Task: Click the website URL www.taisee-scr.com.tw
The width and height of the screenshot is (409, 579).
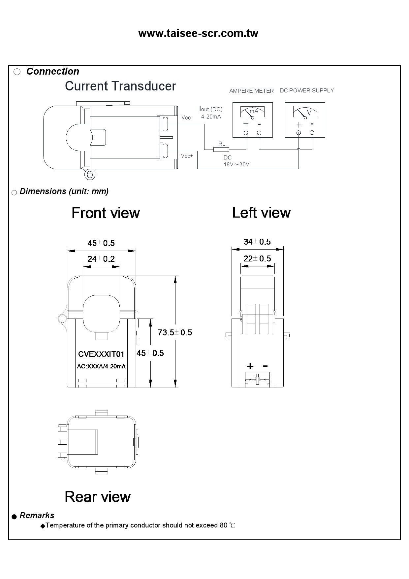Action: [x=198, y=33]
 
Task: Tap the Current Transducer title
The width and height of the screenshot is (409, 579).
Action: [x=120, y=86]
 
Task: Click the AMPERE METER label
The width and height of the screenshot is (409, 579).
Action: [x=251, y=91]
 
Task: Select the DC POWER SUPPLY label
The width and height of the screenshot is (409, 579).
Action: [x=307, y=90]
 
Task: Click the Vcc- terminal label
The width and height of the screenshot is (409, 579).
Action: [x=187, y=118]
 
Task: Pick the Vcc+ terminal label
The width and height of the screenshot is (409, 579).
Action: [x=187, y=156]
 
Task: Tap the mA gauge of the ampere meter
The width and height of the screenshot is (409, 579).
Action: [x=252, y=112]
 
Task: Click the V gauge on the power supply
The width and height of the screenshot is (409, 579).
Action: [x=305, y=112]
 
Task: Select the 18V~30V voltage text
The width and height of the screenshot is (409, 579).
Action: [x=236, y=164]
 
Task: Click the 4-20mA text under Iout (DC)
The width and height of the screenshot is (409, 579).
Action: [x=211, y=117]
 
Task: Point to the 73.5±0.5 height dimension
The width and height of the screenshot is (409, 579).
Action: [x=175, y=332]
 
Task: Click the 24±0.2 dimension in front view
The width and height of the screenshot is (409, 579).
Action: [x=101, y=259]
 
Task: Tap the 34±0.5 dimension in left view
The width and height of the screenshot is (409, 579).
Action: [x=257, y=242]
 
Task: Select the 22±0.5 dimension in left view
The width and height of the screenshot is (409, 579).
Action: [x=257, y=258]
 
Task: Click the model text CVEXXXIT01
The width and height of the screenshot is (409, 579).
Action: [x=101, y=354]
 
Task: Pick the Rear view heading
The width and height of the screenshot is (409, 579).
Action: [x=98, y=496]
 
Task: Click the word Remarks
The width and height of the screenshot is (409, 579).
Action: [x=37, y=515]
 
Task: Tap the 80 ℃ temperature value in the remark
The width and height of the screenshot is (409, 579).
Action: [x=227, y=525]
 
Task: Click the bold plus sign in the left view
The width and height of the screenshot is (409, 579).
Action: [x=250, y=366]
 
